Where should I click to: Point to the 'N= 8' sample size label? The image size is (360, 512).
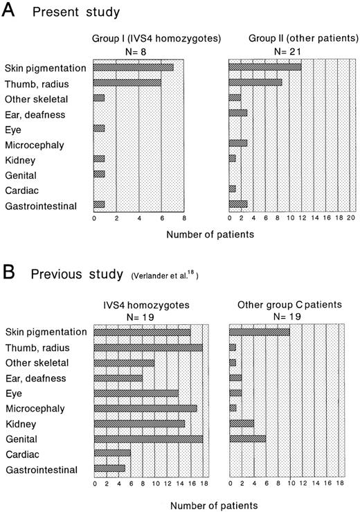tap(138, 51)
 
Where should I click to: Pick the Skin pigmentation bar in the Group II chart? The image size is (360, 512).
tap(265, 67)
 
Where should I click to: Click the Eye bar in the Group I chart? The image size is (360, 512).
tap(99, 128)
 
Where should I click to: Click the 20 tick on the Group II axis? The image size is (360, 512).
tap(351, 218)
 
